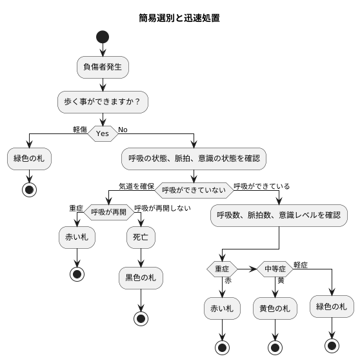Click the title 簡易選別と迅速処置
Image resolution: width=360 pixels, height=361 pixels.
coord(179,18)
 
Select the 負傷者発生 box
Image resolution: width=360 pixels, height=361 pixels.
coord(103,66)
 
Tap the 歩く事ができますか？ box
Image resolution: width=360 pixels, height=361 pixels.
coord(103,101)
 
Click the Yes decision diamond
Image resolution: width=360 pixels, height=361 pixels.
coord(103,134)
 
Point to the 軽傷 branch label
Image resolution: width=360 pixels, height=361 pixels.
coord(80,130)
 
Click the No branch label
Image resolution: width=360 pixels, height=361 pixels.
coord(123,130)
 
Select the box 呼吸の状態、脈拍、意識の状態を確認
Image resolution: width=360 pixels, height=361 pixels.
coord(194,158)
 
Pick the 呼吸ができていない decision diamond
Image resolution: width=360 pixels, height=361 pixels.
coord(194,191)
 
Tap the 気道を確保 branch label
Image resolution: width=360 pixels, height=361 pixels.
coord(136,186)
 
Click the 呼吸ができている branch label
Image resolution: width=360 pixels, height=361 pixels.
coord(261,186)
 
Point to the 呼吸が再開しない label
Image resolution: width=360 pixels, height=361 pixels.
coord(162,209)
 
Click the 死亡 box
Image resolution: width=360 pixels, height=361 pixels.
coord(141,237)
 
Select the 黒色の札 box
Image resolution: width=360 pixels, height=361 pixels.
coord(141,278)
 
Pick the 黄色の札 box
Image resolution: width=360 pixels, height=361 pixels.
coord(275,308)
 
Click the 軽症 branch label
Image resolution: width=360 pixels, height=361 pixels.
coord(301,264)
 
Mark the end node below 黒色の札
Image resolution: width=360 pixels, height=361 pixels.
coord(141,318)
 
